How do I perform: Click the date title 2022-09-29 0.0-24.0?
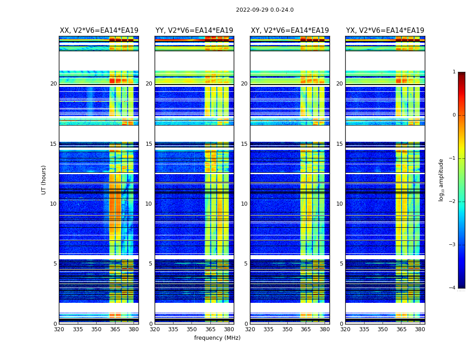click(x=265, y=10)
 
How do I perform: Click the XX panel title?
click(x=99, y=31)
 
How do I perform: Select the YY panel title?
click(x=194, y=31)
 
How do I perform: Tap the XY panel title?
click(x=290, y=31)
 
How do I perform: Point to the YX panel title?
click(x=385, y=31)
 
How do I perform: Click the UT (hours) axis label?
click(x=44, y=180)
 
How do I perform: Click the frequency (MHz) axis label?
click(x=217, y=338)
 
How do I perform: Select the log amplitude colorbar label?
click(x=441, y=180)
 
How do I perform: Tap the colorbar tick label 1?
click(x=454, y=72)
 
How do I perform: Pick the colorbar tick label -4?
click(x=453, y=288)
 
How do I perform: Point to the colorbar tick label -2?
click(x=453, y=202)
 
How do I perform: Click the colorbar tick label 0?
click(x=454, y=115)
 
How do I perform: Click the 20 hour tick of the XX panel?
click(x=53, y=84)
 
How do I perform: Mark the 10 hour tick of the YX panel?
click(x=340, y=204)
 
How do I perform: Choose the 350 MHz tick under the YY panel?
click(x=192, y=329)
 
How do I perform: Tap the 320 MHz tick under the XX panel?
click(x=59, y=329)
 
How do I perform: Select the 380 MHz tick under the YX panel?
click(x=420, y=329)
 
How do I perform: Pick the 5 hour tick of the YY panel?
click(x=151, y=264)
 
